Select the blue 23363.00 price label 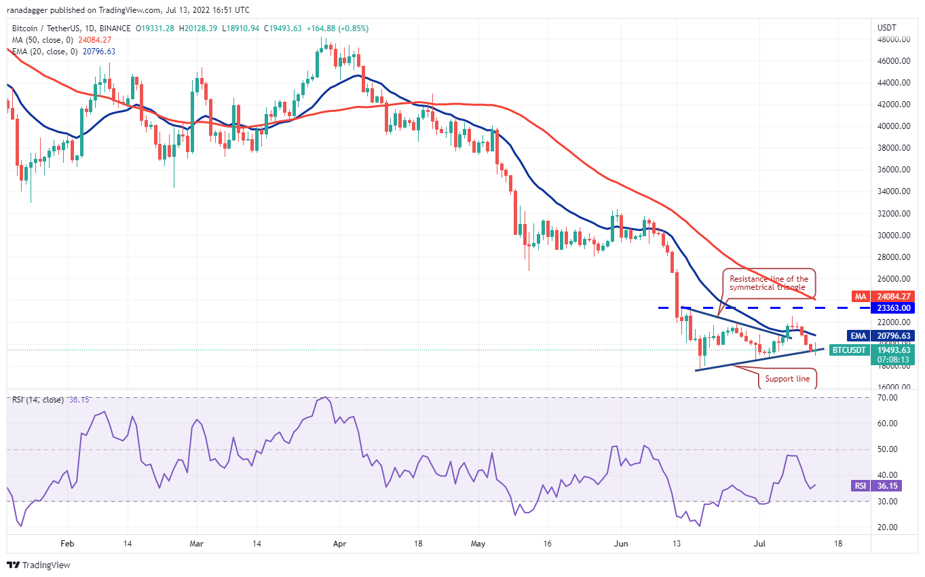[x=892, y=308]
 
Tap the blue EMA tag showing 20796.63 [x=892, y=335]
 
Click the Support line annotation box [x=787, y=379]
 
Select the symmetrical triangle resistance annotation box [x=768, y=283]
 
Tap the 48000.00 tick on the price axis [x=892, y=39]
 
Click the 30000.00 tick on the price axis [x=892, y=235]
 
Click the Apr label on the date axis [x=341, y=544]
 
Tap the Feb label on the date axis [x=67, y=544]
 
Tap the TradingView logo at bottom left [x=39, y=565]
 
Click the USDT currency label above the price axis [x=888, y=28]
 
